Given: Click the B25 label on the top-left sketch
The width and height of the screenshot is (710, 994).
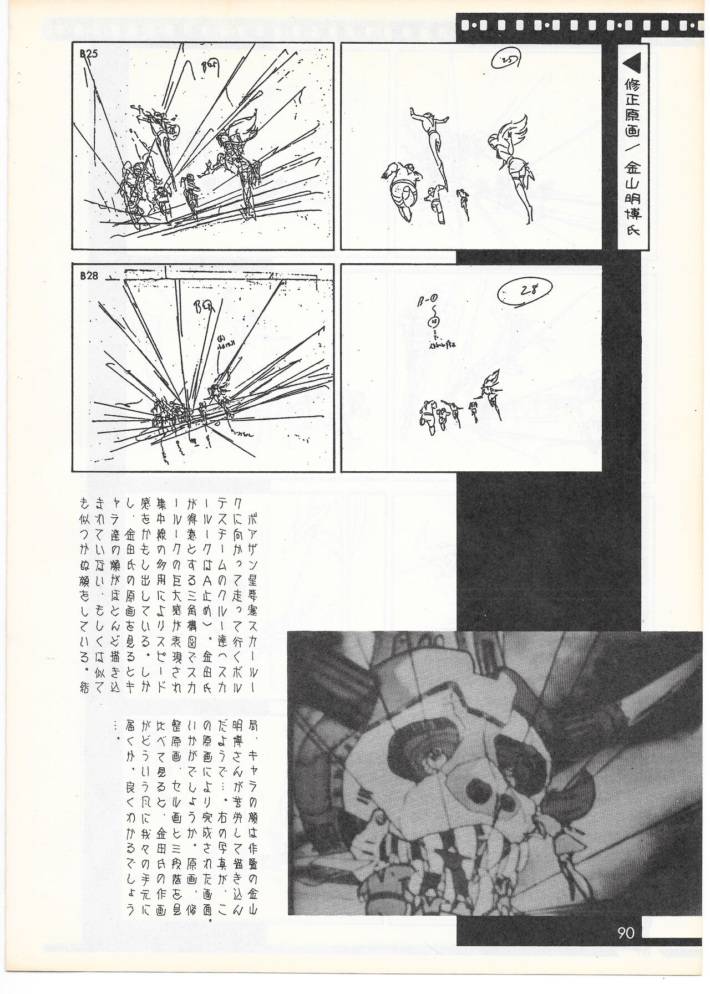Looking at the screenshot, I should (x=89, y=54).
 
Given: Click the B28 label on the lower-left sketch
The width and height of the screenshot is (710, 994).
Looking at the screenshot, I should (x=89, y=277).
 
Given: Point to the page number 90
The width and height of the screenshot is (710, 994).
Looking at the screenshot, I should (x=626, y=933).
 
